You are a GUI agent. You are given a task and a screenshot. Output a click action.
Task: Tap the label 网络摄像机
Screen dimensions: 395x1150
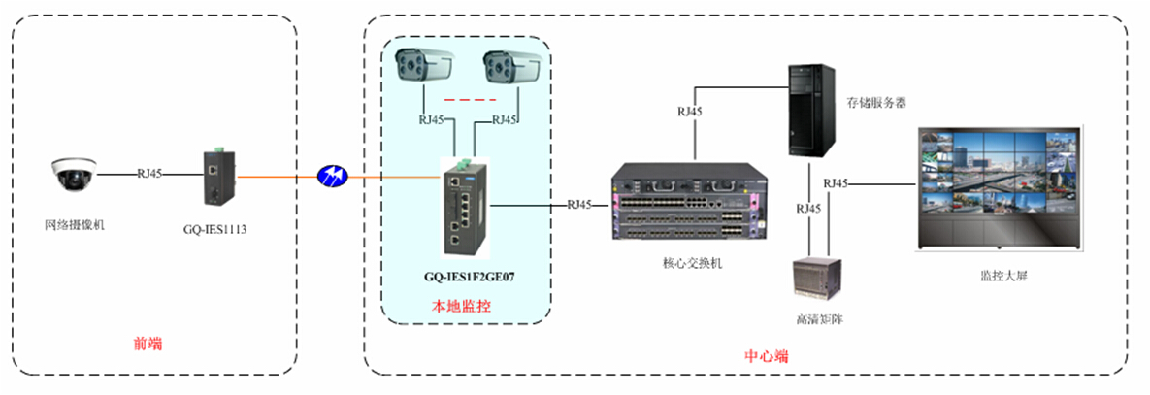tap(75, 225)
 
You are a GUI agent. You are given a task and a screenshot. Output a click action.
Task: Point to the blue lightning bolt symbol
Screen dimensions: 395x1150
tap(332, 177)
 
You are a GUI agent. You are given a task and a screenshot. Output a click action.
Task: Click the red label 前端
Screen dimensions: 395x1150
tap(148, 343)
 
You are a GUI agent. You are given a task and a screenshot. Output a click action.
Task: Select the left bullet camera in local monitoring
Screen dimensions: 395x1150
tap(425, 65)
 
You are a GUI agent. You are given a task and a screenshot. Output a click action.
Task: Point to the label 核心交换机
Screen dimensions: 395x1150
tap(686, 263)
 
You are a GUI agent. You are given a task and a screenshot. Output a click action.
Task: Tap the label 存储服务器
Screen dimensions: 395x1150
tap(876, 102)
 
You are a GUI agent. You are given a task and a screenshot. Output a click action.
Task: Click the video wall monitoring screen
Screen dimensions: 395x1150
tap(999, 189)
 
